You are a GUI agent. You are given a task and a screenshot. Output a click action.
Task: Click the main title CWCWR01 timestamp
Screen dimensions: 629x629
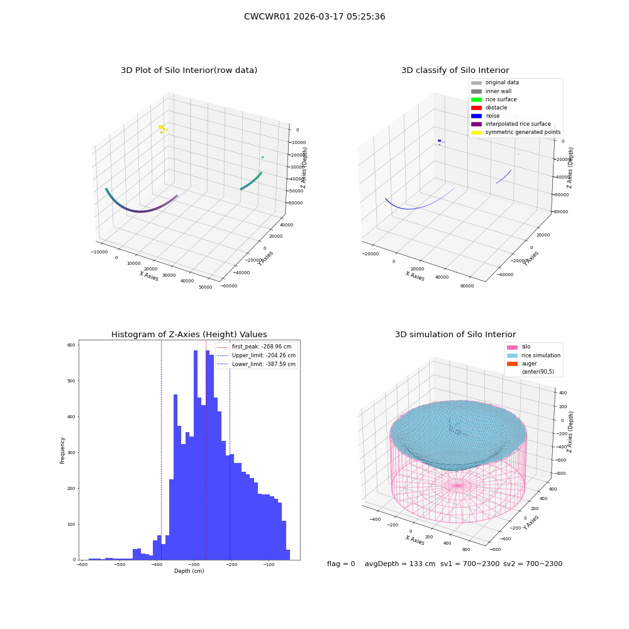[x=314, y=16]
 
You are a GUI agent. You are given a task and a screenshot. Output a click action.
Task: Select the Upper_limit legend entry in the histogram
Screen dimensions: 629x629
[x=256, y=355]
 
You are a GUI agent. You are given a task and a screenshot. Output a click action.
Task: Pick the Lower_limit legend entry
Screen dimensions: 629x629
[x=256, y=364]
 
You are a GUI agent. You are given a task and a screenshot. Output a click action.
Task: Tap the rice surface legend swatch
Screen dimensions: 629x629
[x=476, y=99]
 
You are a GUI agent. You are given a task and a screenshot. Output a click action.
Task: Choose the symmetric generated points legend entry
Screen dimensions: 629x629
[x=516, y=132]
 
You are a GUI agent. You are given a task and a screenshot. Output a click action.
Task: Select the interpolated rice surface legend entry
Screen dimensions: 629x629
[x=511, y=124]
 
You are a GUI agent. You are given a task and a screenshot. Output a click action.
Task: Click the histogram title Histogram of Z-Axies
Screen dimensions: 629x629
[x=189, y=334]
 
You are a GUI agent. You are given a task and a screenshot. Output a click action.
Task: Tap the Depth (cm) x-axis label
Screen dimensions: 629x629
[x=189, y=571]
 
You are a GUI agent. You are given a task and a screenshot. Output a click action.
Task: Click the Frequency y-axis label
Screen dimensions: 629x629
[x=62, y=450]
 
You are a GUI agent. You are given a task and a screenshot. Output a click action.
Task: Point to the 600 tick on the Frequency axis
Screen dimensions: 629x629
[x=72, y=345]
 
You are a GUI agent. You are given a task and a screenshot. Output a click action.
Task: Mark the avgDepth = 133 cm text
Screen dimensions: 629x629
[x=400, y=564]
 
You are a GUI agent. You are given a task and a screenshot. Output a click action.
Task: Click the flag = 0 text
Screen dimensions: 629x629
[x=341, y=564]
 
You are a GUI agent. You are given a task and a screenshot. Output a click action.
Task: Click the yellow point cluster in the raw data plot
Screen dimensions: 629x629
[x=162, y=128]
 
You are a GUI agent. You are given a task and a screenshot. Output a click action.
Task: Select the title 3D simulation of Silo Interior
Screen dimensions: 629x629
[x=455, y=334]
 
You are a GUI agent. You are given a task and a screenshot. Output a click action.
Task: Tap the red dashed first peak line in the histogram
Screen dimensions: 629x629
[x=206, y=450]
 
